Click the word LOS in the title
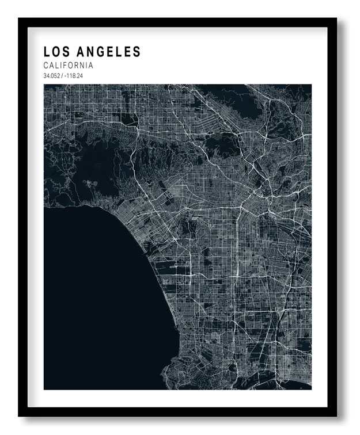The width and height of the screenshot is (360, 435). pos(55,52)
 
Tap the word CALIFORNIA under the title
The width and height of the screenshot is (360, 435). pos(68,66)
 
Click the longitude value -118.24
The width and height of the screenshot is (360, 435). pos(73,76)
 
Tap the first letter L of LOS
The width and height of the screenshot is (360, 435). pos(47,52)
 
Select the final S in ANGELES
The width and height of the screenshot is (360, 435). pos(137,52)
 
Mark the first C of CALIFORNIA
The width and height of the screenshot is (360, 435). pos(46,66)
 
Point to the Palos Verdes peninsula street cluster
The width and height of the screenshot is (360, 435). pos(190,368)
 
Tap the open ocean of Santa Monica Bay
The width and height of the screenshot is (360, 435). pos(92,299)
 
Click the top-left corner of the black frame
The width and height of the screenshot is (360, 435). pos(20,19)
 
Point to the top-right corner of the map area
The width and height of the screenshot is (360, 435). pos(311,85)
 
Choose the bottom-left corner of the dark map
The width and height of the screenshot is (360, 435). pos(44,389)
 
